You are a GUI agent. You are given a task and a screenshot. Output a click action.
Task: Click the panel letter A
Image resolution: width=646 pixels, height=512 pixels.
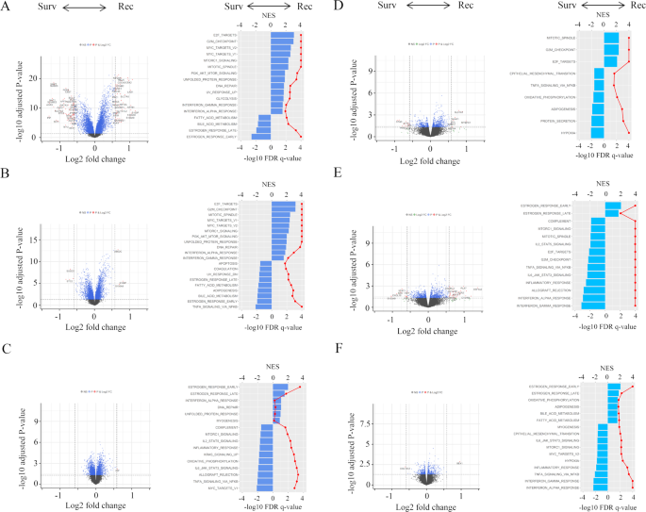point(7,7)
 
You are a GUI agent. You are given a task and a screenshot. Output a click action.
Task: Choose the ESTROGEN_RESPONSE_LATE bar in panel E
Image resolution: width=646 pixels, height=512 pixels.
point(612,213)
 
